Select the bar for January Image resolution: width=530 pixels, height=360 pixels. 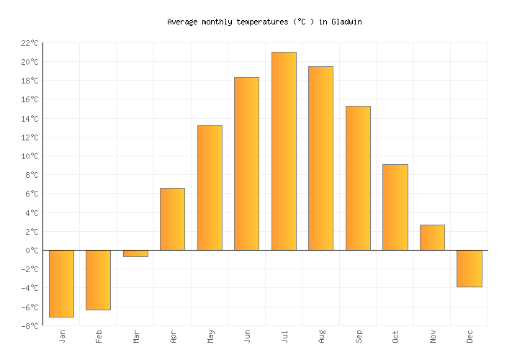pos(61,283)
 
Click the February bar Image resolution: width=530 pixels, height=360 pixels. pos(98,279)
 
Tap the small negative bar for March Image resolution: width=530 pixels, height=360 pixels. pos(135,253)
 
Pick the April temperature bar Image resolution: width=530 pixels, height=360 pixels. pos(172,219)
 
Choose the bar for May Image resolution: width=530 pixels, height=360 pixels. pos(210,187)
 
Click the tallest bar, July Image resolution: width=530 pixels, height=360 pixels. pos(284,150)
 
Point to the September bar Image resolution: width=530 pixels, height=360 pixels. pos(358,178)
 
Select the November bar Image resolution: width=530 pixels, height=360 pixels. pos(432,237)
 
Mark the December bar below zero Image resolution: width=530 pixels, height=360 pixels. pos(469,269)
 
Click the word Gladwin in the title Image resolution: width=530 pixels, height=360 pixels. pos(346,22)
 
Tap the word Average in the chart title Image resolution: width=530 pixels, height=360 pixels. pos(181,22)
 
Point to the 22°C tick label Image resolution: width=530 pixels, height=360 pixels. pos(29,43)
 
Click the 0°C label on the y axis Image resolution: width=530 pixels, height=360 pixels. pos(32,251)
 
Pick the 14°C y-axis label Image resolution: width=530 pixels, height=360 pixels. pos(29,119)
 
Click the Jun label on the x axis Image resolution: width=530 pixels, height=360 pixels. pos(247,336)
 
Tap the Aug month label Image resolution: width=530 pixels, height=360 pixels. pos(321,336)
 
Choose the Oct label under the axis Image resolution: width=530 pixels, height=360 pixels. pos(395,336)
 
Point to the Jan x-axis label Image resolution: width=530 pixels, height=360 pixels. pos(62,336)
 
